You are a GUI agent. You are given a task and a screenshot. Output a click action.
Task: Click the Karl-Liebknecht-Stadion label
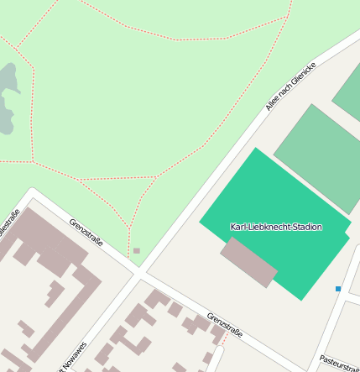pyautogui.click(x=276, y=227)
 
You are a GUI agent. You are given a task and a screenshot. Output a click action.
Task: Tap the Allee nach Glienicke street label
pyautogui.click(x=290, y=86)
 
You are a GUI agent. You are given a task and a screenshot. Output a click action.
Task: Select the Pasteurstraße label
pyautogui.click(x=339, y=363)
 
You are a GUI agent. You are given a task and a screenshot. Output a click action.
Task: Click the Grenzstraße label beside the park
pyautogui.click(x=86, y=232)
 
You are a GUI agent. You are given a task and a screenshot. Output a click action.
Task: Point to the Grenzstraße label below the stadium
pyautogui.click(x=224, y=325)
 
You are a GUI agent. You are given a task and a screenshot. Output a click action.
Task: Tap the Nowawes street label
pyautogui.click(x=73, y=356)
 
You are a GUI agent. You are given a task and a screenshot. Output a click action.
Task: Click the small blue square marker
pyautogui.click(x=338, y=289)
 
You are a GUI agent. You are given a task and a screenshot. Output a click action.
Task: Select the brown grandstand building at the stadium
pyautogui.click(x=248, y=261)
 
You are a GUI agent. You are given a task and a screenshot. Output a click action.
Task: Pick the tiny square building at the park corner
pyautogui.click(x=137, y=250)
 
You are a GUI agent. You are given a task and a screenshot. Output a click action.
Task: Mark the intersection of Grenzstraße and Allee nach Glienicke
pyautogui.click(x=139, y=272)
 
